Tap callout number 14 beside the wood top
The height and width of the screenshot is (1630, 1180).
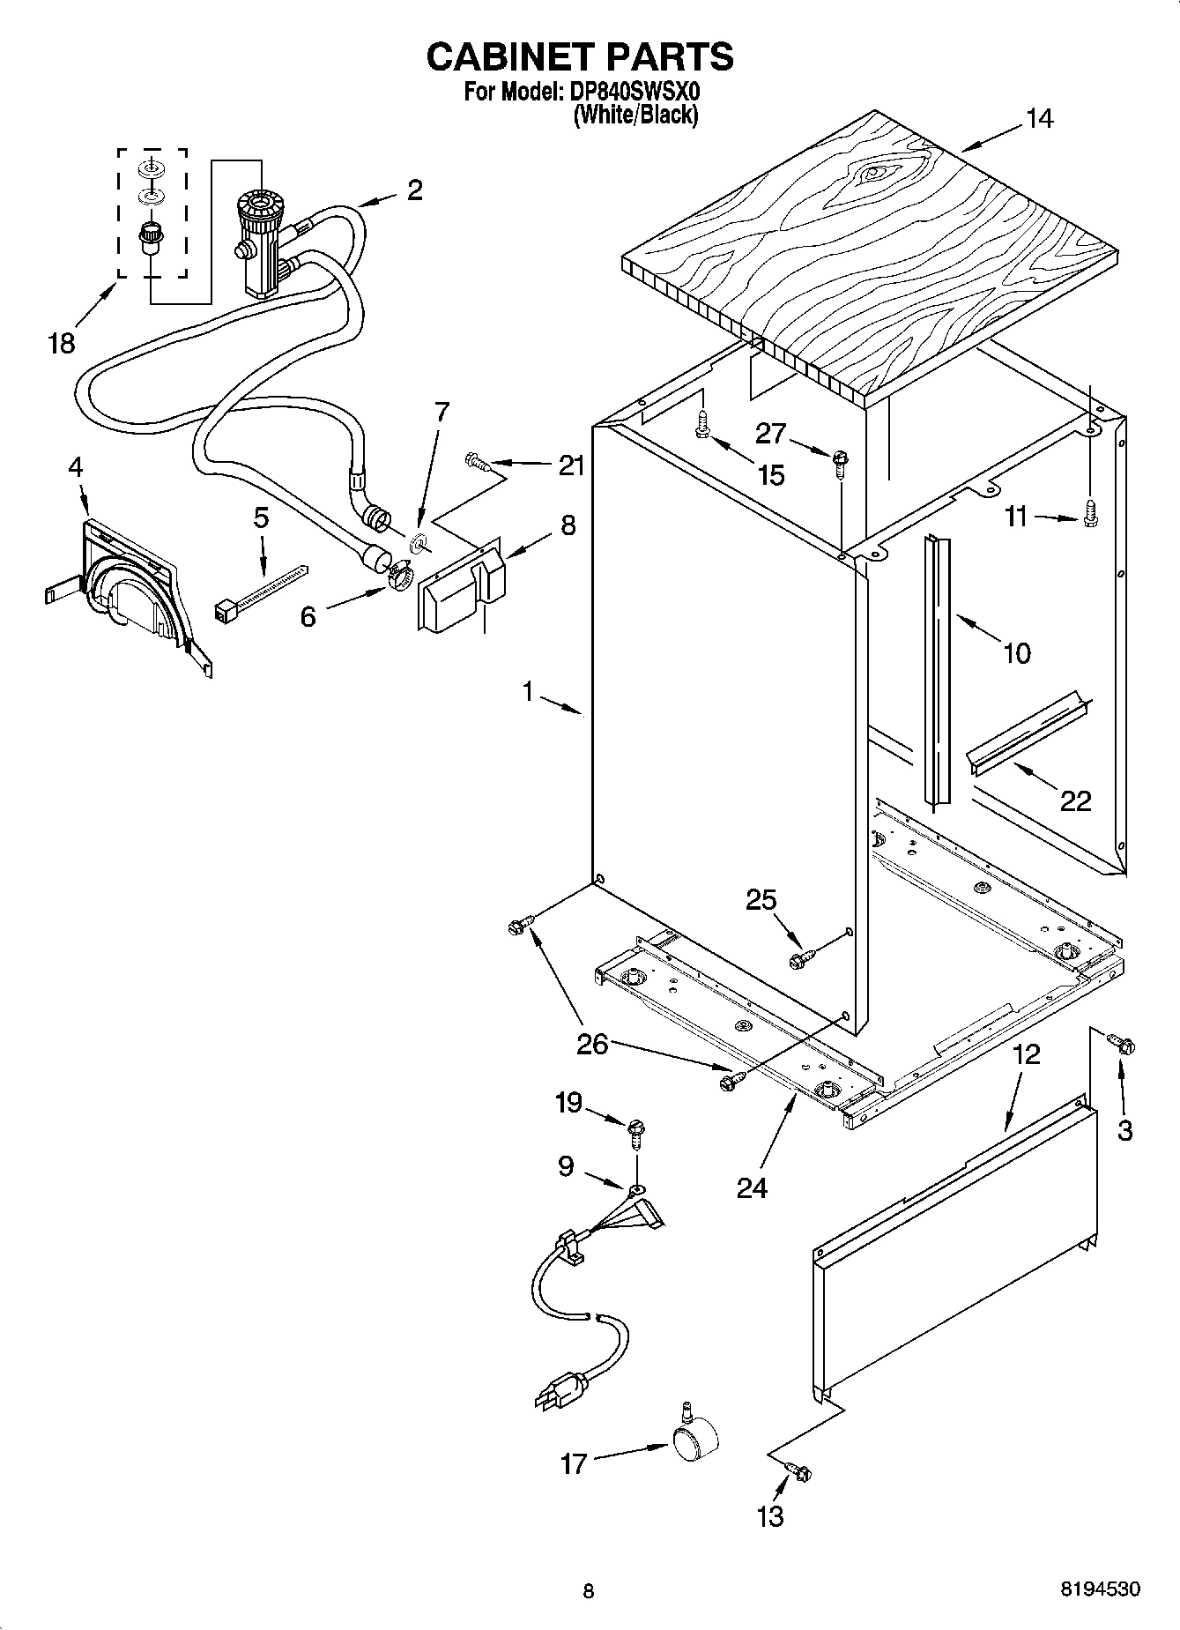1040,118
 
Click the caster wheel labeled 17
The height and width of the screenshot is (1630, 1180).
694,1444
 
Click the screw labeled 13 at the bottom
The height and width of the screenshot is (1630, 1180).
800,1470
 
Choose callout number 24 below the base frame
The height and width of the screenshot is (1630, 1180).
752,1188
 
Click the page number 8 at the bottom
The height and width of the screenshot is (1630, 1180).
589,1590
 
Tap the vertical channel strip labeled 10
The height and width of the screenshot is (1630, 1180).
937,670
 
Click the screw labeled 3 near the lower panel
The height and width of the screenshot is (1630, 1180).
1123,1046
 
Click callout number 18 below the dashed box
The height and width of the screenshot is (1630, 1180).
62,342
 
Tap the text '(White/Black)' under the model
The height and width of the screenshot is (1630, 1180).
635,115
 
